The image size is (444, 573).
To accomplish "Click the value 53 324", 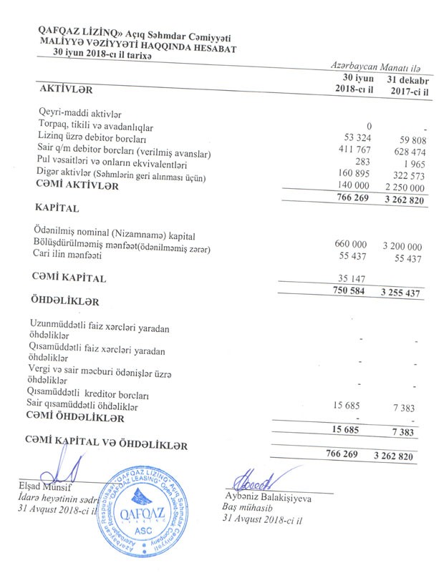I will [358, 137].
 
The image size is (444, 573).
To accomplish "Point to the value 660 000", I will [352, 244].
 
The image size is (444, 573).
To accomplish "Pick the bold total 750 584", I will [352, 290].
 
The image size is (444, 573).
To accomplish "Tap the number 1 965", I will [415, 165].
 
